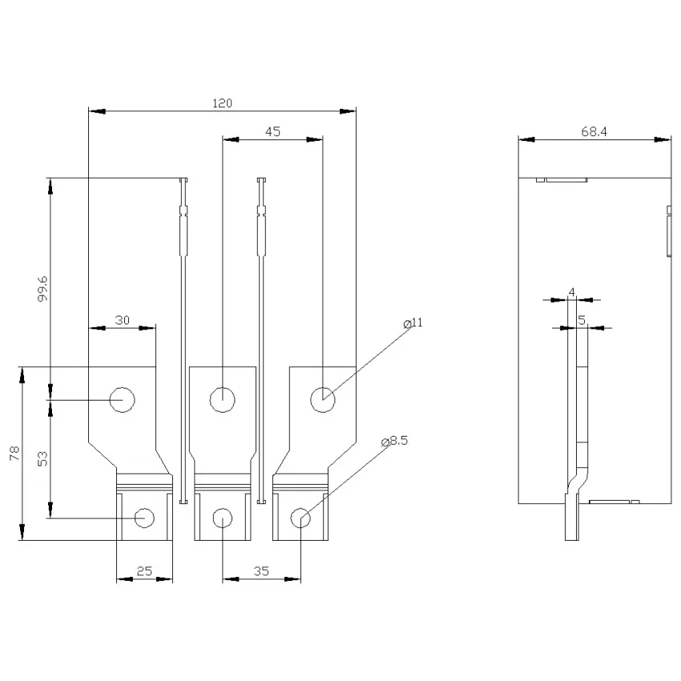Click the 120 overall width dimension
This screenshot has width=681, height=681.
click(x=222, y=103)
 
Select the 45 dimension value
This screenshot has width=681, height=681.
click(x=272, y=131)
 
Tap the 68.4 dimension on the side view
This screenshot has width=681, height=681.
click(x=594, y=131)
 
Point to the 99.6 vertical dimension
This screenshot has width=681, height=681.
click(x=42, y=288)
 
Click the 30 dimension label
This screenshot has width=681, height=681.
click(x=122, y=320)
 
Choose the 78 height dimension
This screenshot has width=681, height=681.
click(x=14, y=453)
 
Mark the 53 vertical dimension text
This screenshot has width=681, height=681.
click(x=42, y=459)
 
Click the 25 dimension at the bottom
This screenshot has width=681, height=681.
click(x=144, y=571)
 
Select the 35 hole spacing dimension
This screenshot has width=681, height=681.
click(x=261, y=571)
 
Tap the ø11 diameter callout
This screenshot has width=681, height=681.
click(x=413, y=323)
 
